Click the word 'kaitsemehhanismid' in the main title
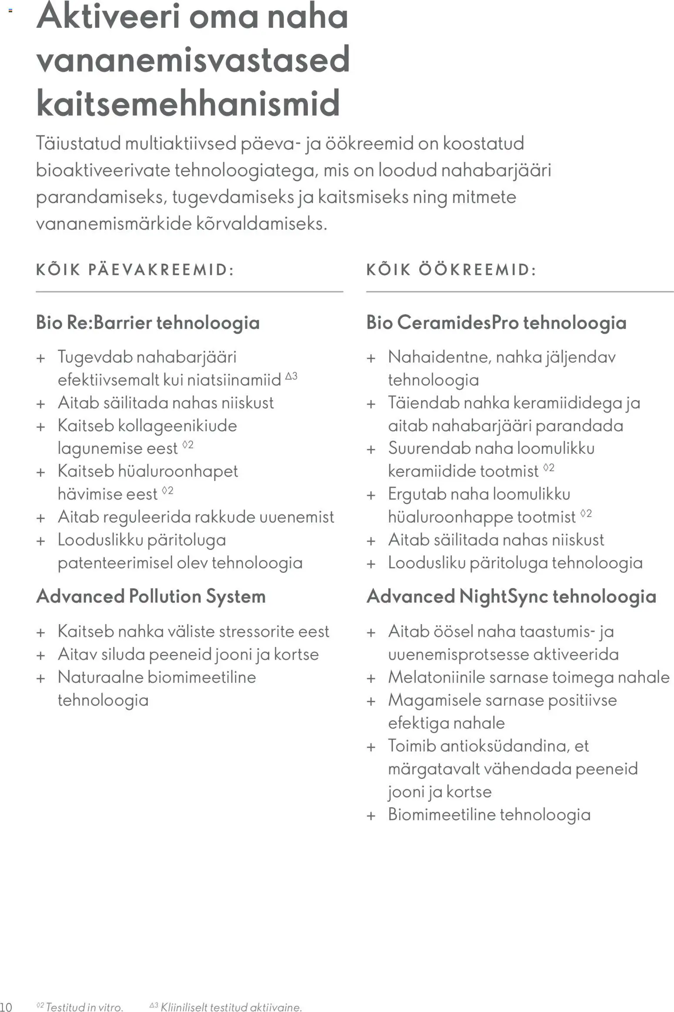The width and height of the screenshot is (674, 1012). [x=188, y=103]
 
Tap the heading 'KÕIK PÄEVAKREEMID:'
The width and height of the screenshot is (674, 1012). [x=135, y=270]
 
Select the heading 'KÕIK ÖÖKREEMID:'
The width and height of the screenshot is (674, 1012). [x=451, y=270]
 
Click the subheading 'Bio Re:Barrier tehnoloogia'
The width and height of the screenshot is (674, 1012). [x=148, y=323]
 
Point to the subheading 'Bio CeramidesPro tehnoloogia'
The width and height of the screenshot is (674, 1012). [x=496, y=323]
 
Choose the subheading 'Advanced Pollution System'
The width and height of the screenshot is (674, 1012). [x=151, y=596]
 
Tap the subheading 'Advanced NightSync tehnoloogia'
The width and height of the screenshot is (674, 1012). [x=511, y=596]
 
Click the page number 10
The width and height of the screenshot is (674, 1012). [x=6, y=1007]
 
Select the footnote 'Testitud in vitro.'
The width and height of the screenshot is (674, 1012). [x=84, y=1007]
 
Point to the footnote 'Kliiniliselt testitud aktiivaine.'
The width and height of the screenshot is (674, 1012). [x=231, y=1007]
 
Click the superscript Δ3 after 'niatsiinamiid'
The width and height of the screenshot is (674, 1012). [x=291, y=376]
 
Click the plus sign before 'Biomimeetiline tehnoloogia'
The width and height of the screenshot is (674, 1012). [x=371, y=816]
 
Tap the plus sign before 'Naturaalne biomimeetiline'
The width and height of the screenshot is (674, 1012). [x=41, y=678]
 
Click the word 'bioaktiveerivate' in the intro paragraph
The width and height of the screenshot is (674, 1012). [x=103, y=170]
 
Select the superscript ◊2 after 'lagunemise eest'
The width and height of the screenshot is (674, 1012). [x=188, y=444]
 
